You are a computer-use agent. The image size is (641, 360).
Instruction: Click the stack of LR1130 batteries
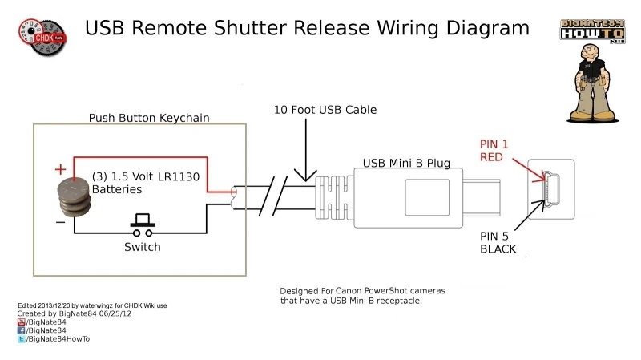point(73,196)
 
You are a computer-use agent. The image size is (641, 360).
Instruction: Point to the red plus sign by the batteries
point(59,169)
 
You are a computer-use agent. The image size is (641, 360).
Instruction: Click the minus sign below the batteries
point(61,222)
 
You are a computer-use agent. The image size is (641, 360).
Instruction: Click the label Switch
point(142,247)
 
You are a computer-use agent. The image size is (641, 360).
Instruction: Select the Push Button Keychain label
point(148,118)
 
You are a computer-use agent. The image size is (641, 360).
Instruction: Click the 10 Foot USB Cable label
point(325,109)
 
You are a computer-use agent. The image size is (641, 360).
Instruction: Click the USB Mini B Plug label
point(406,163)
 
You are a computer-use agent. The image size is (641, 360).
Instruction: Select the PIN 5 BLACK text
point(498,242)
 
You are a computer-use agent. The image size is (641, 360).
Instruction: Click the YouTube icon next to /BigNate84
point(22,321)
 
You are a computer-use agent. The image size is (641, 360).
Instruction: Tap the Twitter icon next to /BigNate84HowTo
point(22,339)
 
